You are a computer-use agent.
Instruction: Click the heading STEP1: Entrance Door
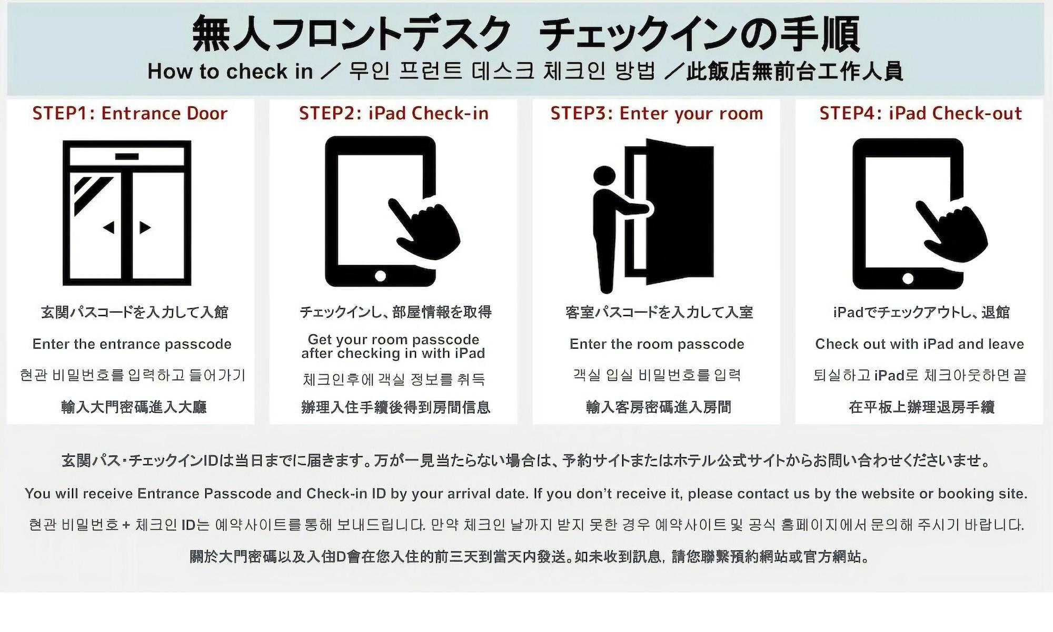(x=130, y=113)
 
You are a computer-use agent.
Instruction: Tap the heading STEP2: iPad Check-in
(x=394, y=113)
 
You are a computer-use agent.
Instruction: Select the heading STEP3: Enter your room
(x=657, y=113)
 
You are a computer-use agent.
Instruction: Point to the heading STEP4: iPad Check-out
(x=921, y=113)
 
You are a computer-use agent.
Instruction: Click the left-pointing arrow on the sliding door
(x=109, y=228)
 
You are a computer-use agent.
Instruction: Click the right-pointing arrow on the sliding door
(x=145, y=228)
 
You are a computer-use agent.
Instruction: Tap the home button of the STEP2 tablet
(x=380, y=275)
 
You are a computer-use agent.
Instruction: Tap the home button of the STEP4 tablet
(x=908, y=278)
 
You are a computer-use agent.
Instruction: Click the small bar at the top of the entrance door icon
(x=127, y=156)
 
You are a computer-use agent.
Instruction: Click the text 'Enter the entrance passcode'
(x=132, y=344)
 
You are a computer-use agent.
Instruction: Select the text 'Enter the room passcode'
(x=657, y=344)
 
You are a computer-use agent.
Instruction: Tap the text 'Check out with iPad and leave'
(x=920, y=344)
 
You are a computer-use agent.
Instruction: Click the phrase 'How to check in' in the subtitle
(x=230, y=71)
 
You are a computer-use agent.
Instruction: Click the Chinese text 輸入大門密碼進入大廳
(x=134, y=407)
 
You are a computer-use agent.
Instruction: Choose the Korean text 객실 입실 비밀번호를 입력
(x=657, y=375)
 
